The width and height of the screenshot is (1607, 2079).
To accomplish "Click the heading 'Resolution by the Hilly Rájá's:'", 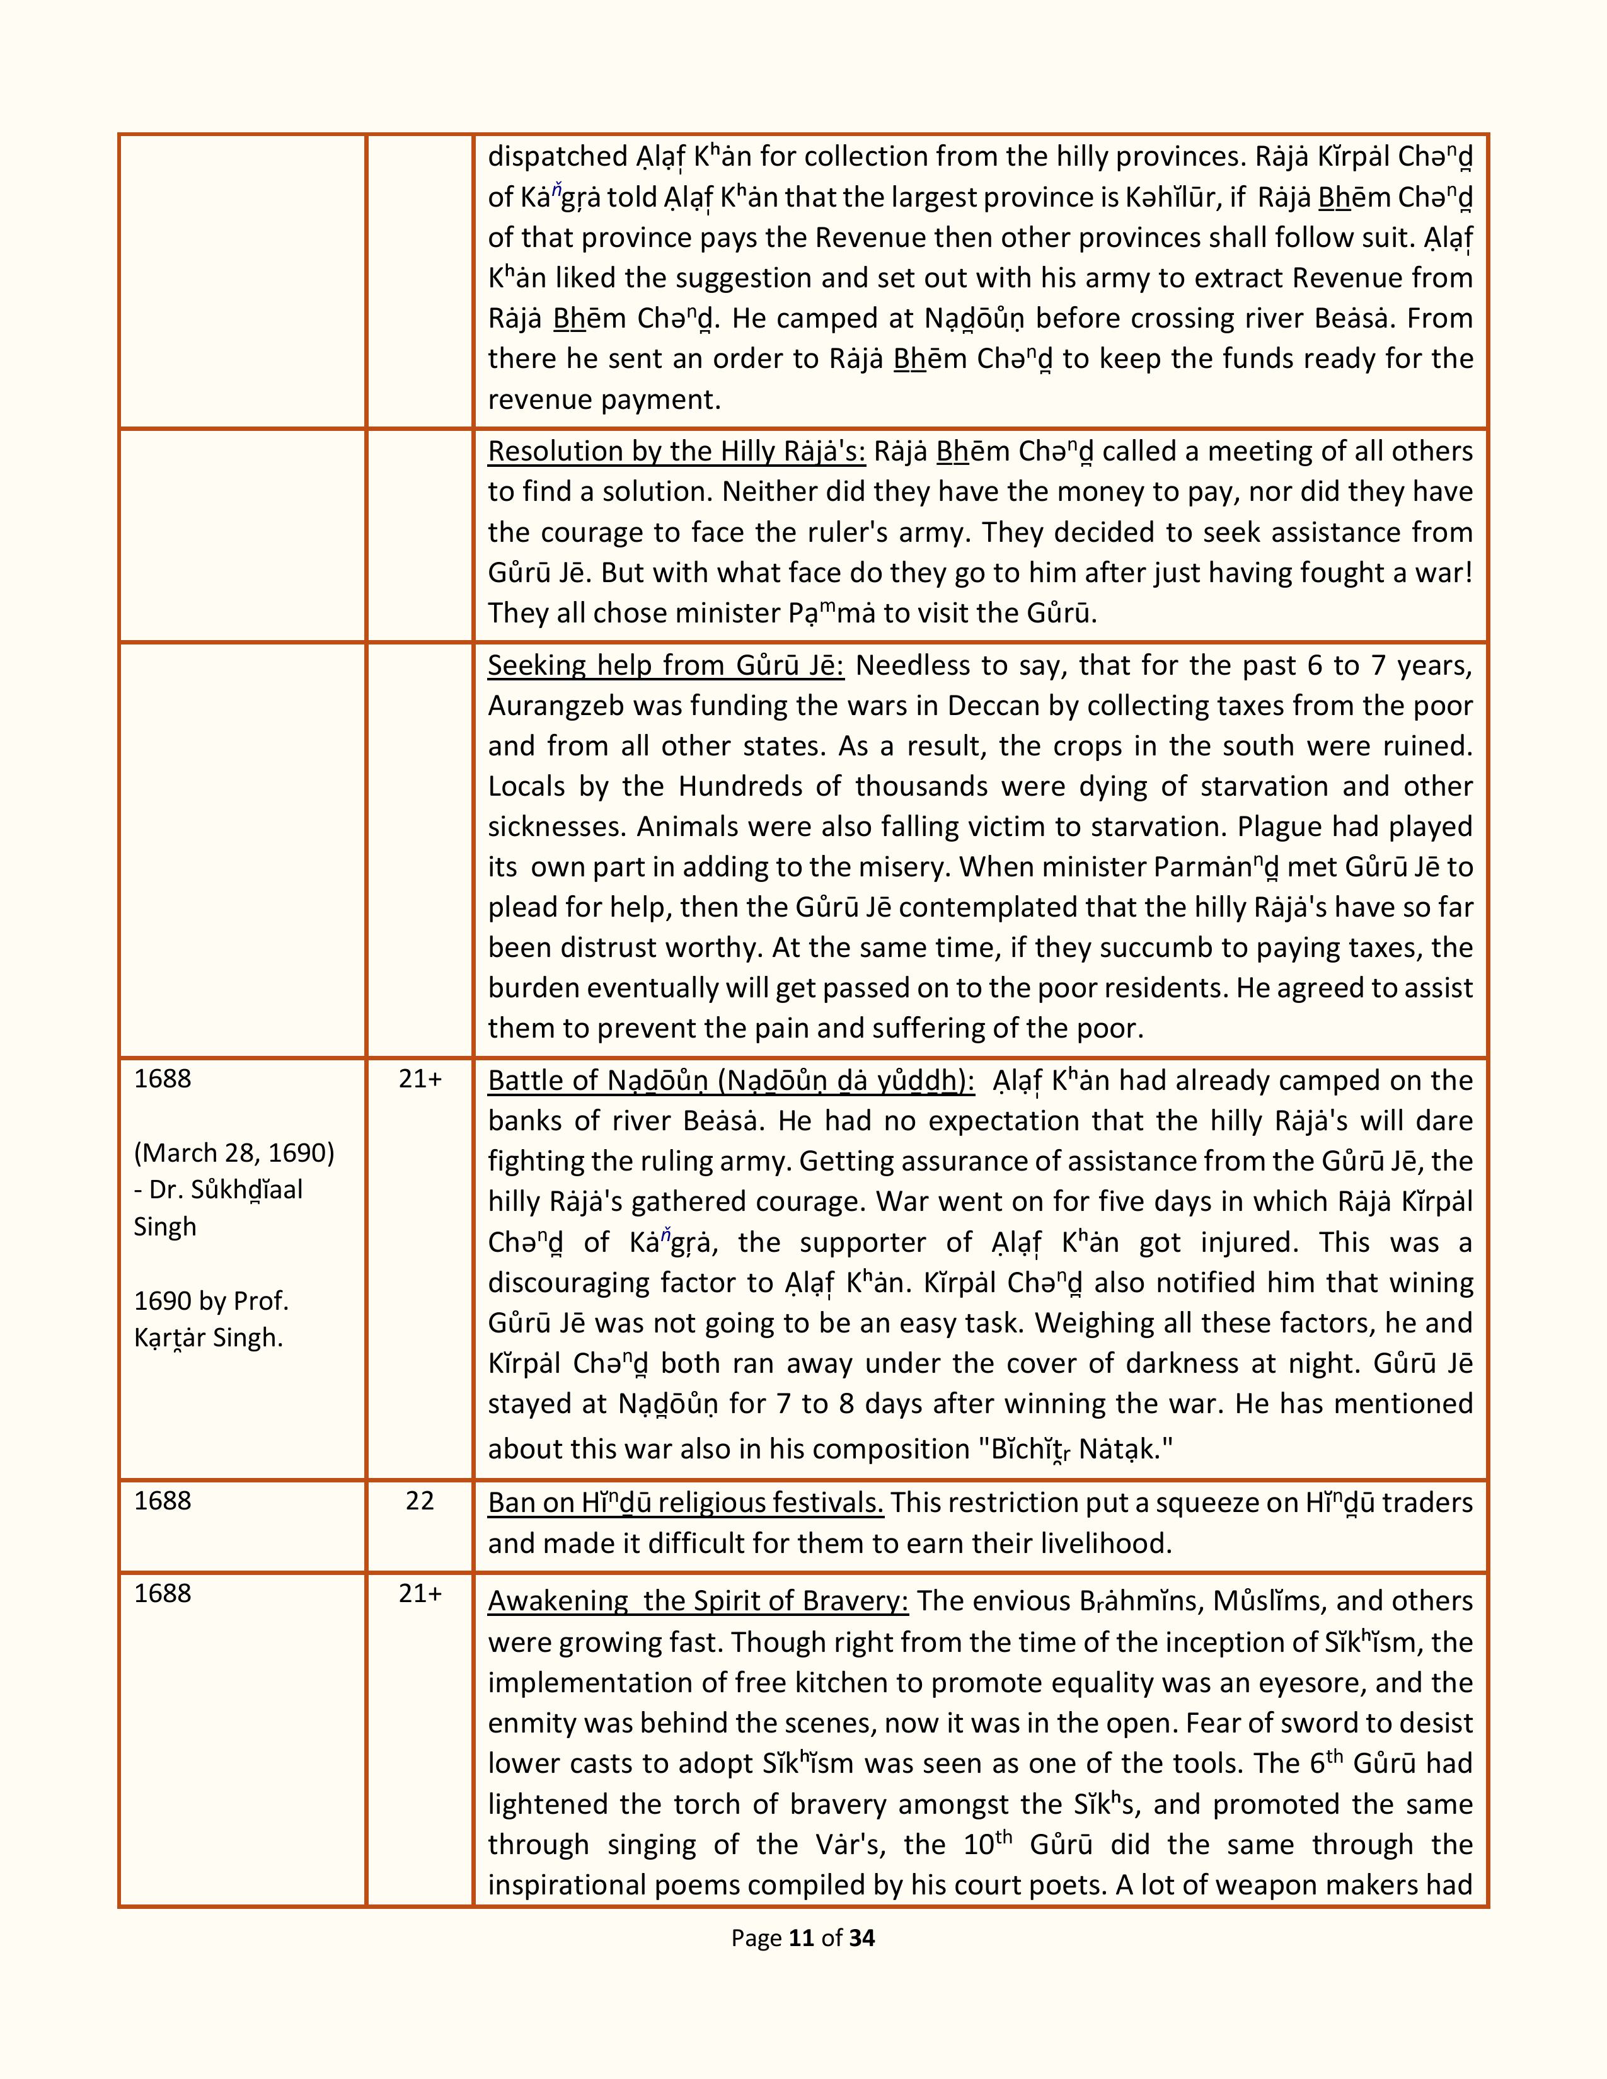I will point(676,451).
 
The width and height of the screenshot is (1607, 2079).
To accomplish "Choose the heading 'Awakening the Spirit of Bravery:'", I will point(698,1601).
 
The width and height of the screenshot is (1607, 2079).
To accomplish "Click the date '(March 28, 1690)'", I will point(234,1153).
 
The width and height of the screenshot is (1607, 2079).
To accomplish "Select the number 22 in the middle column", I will point(420,1501).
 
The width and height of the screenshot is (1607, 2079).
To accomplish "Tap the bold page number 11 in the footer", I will point(802,1938).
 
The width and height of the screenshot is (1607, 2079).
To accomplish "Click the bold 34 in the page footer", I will point(861,1938).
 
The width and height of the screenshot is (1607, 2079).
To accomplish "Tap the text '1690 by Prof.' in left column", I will point(211,1300).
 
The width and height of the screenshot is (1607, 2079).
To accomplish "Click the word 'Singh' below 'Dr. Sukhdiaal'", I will point(164,1227).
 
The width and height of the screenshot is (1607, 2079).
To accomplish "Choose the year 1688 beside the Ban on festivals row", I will point(163,1501).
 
